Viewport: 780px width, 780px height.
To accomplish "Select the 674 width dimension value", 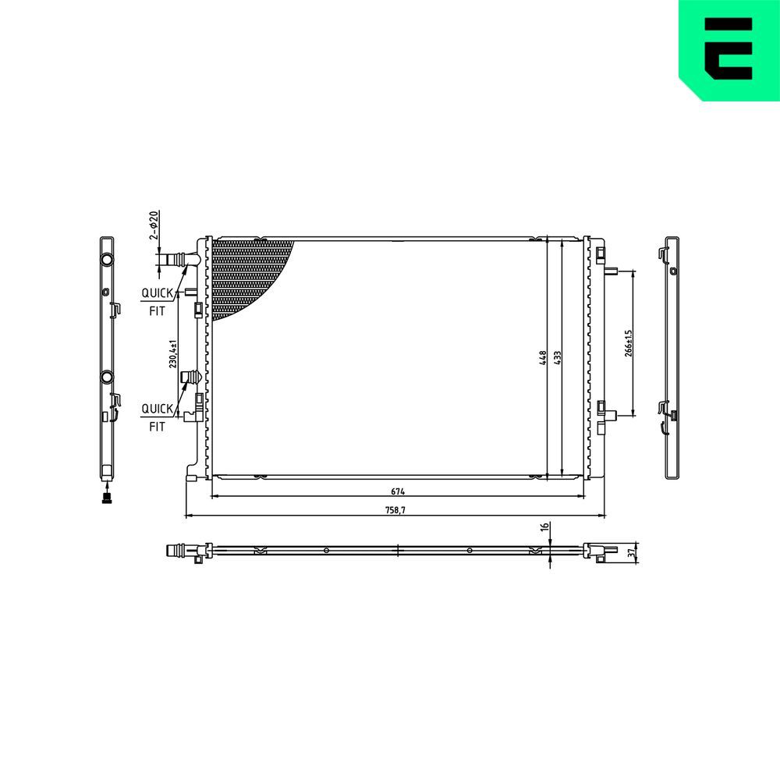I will click(398, 491).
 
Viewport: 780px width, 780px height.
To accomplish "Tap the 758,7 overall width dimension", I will click(395, 510).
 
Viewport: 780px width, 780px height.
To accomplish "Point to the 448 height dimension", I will click(541, 358).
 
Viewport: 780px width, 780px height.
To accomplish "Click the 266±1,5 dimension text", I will click(628, 343).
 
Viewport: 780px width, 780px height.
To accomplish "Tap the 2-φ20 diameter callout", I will click(154, 225).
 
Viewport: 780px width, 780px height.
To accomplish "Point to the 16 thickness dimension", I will click(545, 528).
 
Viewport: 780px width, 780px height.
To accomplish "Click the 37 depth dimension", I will click(631, 552).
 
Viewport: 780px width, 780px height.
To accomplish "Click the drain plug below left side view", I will click(106, 498).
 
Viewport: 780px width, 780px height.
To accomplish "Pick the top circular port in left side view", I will click(107, 259).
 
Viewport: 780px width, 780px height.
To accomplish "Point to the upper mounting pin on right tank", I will click(612, 271).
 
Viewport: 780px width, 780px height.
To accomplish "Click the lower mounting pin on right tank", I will click(612, 416).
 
